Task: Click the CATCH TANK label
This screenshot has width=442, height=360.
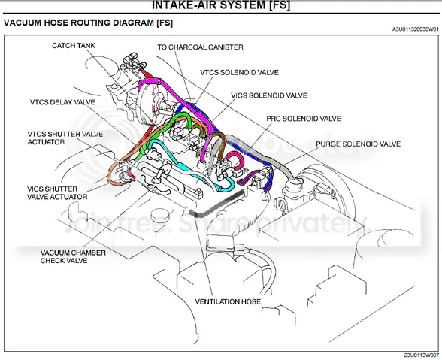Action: point(73,46)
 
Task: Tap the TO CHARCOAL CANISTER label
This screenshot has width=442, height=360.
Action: point(200,47)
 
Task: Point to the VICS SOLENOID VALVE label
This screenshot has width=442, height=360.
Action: point(269,95)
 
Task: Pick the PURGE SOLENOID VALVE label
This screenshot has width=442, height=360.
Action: point(358,143)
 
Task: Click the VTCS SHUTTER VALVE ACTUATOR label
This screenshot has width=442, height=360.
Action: point(62,138)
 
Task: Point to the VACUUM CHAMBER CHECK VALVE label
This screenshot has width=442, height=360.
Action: point(73,258)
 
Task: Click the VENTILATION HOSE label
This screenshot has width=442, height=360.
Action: point(228,302)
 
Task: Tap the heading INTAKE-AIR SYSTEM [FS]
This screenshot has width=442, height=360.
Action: point(220,6)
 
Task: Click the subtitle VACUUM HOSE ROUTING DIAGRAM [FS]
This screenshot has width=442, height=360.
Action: point(89,23)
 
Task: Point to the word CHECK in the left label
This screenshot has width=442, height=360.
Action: point(56,262)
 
